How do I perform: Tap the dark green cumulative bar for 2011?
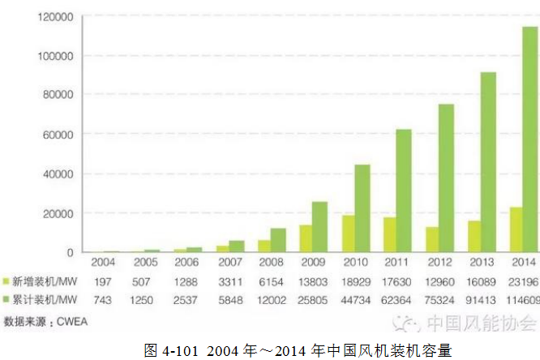404,191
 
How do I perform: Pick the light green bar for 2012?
432,239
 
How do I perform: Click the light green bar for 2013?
474,236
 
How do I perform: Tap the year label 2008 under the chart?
271,263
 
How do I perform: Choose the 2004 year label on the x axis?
103,263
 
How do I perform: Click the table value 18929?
354,281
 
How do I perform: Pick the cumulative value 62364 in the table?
396,298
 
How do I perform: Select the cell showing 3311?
229,281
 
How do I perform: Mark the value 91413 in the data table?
481,298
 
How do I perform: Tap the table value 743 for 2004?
103,298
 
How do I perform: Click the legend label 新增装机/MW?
45,281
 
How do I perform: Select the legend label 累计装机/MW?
45,298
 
